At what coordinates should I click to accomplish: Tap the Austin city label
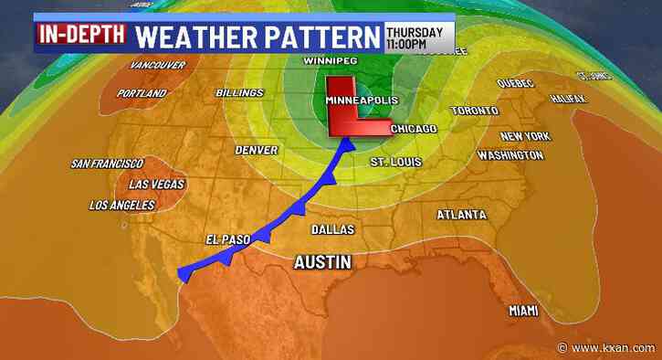pyautogui.click(x=322, y=262)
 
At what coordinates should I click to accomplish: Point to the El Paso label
pyautogui.click(x=227, y=240)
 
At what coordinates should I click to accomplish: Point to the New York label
pyautogui.click(x=524, y=136)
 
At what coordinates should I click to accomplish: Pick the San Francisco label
pyautogui.click(x=107, y=164)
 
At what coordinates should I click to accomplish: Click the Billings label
pyautogui.click(x=239, y=93)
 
